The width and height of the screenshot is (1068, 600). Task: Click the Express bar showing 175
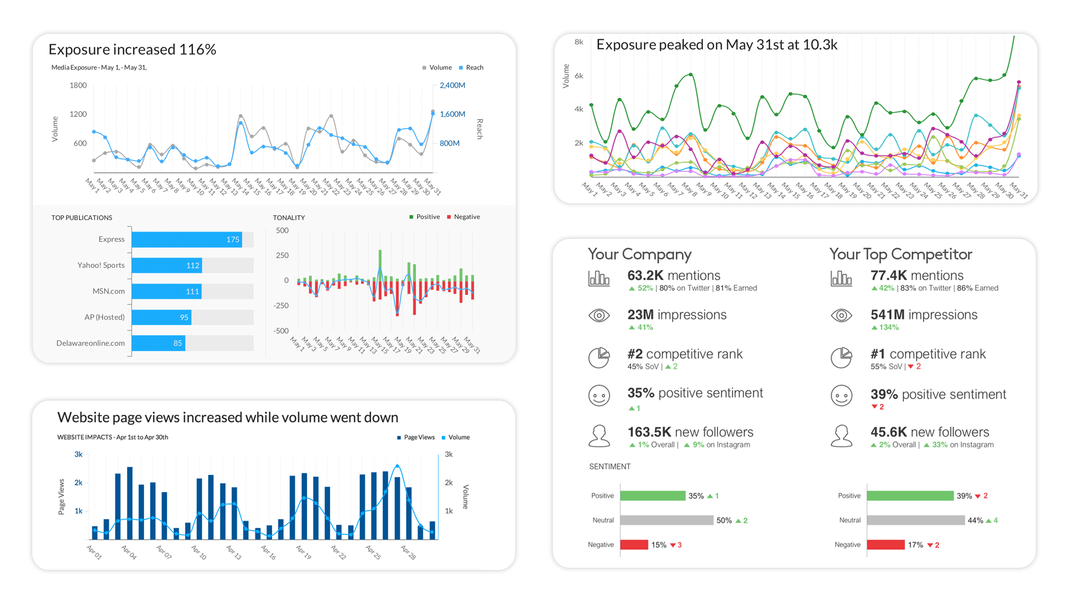(186, 239)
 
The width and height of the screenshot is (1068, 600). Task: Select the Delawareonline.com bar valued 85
(158, 343)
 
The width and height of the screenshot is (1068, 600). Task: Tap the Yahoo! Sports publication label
(101, 266)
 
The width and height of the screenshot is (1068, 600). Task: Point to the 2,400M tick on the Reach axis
(452, 86)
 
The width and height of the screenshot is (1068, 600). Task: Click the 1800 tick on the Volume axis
(78, 86)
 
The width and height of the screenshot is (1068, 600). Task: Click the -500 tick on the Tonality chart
(281, 331)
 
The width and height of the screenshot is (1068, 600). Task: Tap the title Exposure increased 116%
(132, 49)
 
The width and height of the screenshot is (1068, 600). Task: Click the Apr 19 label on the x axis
(303, 552)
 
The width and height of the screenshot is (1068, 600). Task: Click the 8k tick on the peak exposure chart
(578, 42)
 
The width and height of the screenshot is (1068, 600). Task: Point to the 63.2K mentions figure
(674, 276)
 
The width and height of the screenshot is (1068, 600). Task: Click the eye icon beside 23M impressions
(599, 316)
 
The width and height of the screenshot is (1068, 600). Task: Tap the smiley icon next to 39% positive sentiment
(841, 396)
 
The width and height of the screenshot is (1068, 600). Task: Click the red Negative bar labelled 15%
(634, 545)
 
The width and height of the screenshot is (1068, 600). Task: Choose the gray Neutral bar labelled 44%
(916, 521)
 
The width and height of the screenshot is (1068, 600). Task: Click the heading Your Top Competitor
(901, 254)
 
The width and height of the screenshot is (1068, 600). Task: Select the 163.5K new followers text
(690, 432)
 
